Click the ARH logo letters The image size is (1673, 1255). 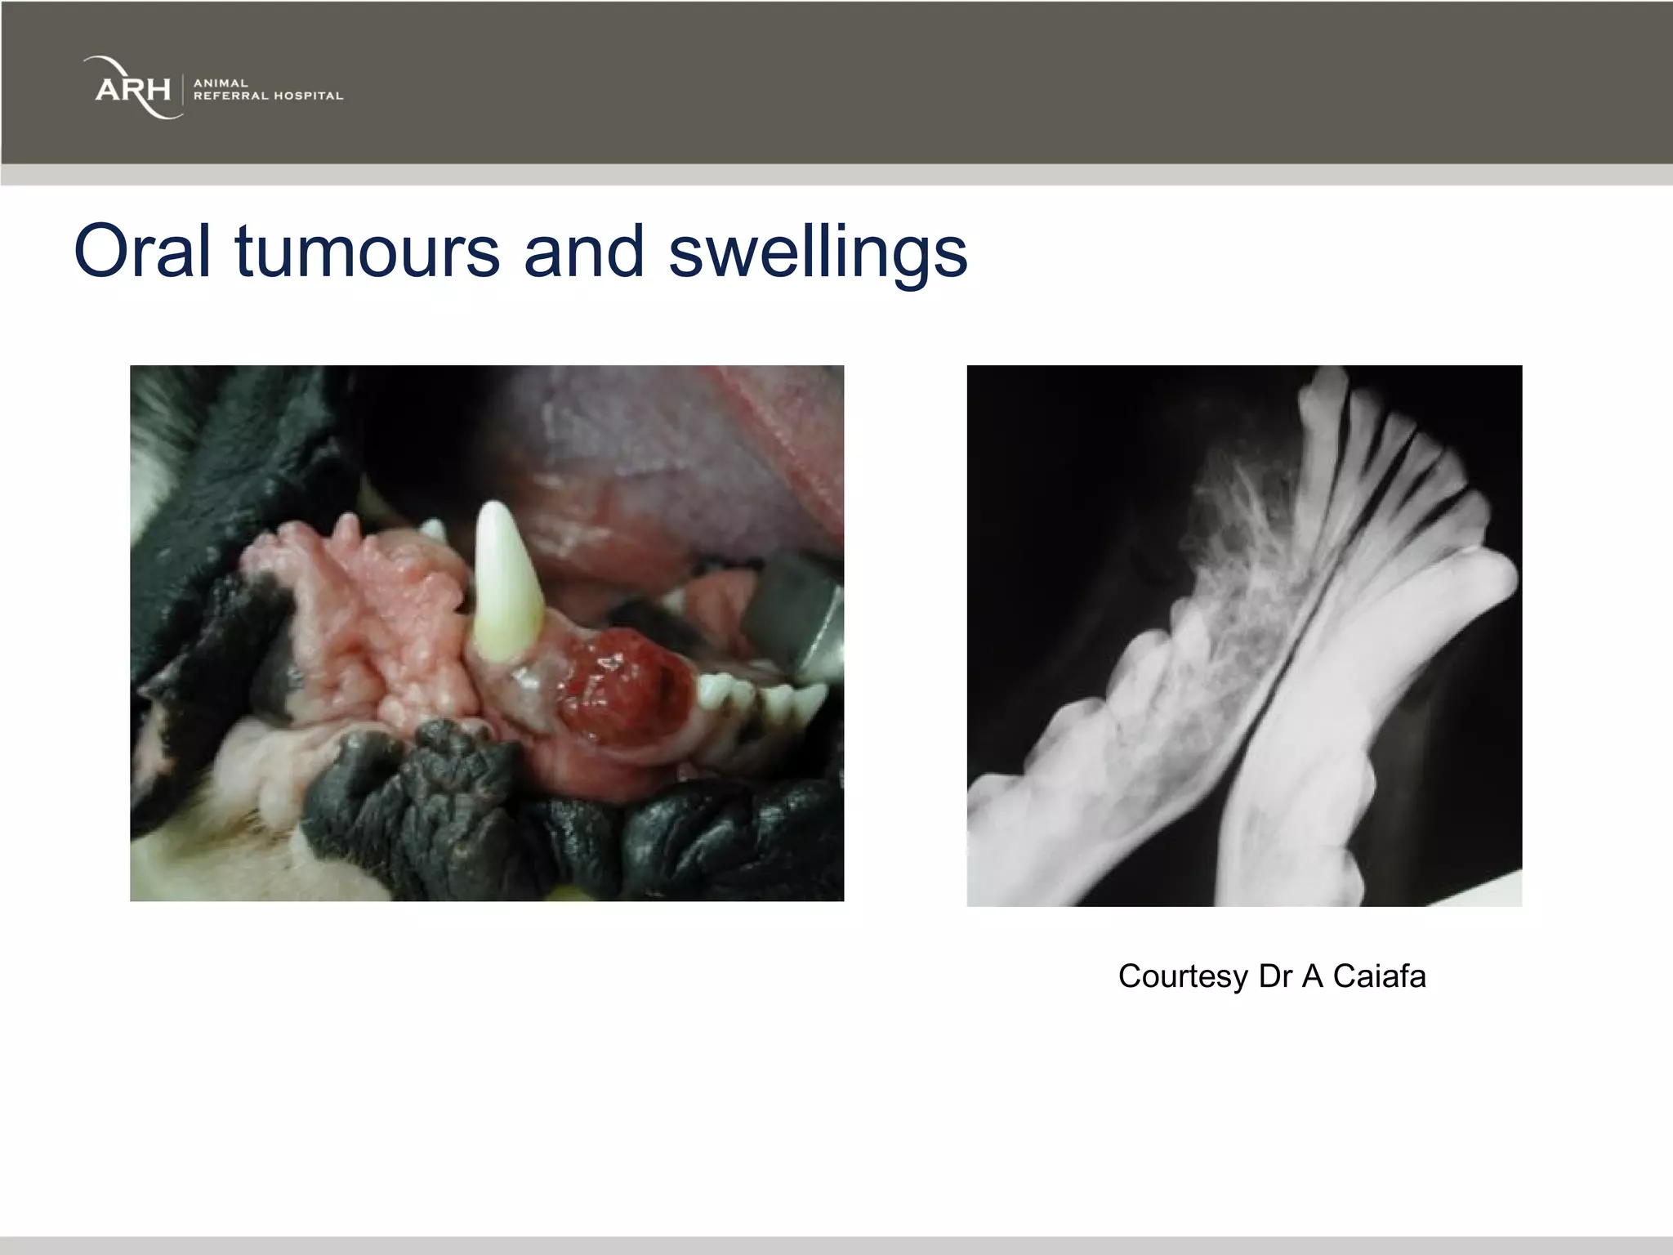coord(132,88)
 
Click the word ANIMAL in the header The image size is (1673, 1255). coord(221,83)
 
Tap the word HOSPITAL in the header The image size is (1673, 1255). coord(308,96)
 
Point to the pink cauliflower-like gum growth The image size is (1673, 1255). coord(376,621)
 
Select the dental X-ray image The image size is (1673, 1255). coord(1244,635)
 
